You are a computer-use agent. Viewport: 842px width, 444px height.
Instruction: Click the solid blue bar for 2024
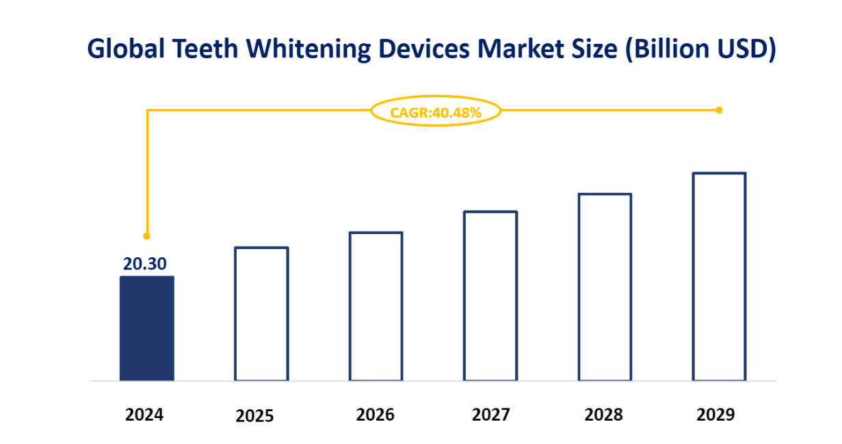146,328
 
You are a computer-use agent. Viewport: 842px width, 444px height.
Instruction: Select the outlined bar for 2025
261,313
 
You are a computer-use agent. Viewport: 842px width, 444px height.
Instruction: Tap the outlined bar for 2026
376,306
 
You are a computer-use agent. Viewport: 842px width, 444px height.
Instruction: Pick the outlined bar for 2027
490,296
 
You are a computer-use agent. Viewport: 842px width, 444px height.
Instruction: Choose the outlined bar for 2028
605,287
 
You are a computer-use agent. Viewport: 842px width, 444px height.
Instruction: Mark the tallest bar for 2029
719,276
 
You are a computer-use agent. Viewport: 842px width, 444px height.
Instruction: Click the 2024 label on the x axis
144,415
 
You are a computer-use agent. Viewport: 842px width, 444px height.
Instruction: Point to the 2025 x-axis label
254,416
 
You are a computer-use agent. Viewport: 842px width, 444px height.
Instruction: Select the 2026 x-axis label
376,415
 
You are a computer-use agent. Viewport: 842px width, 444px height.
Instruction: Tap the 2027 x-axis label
490,415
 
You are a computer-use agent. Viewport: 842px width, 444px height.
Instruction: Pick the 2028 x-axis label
604,415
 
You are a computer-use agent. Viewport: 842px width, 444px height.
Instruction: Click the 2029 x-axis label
715,415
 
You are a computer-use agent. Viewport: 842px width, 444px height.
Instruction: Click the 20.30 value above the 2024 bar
144,264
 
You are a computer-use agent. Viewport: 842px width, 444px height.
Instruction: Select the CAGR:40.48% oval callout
436,112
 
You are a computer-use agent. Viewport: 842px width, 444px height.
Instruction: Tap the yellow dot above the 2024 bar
146,236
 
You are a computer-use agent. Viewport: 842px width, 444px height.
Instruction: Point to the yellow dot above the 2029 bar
719,109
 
